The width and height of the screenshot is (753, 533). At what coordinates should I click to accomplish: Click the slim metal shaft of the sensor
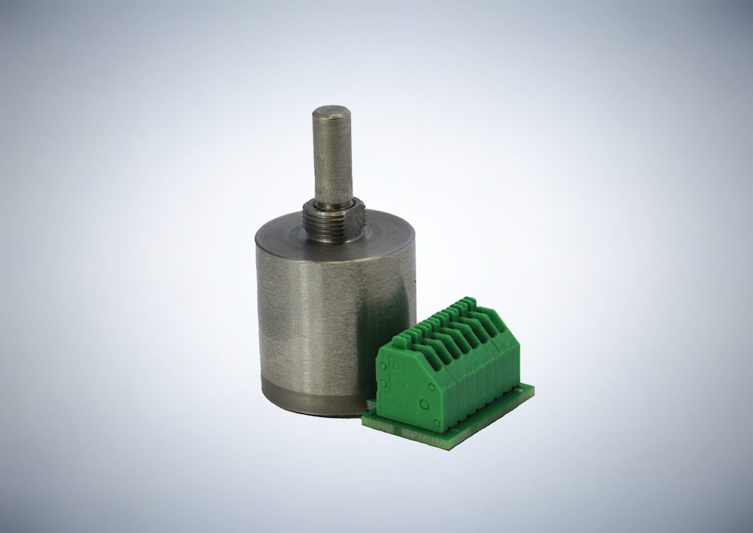332,158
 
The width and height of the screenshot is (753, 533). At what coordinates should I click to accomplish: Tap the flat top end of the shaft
332,112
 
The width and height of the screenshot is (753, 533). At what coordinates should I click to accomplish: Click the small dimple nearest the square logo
385,381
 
